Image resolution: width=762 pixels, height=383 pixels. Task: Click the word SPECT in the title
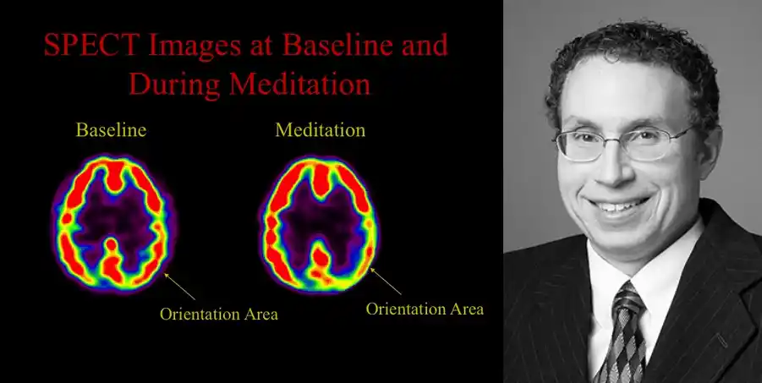click(92, 45)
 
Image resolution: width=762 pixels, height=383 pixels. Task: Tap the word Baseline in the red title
click(338, 45)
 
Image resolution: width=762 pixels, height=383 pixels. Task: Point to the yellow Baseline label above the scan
click(112, 129)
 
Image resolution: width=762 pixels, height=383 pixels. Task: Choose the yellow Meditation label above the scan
click(321, 129)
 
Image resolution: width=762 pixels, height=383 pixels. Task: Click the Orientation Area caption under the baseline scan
click(219, 314)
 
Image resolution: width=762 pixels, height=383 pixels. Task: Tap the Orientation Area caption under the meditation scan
click(425, 309)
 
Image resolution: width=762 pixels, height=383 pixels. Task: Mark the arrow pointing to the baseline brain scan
click(180, 287)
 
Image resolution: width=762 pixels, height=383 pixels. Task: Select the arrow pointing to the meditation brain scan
click(386, 281)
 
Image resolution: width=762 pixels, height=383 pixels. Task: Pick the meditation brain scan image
click(320, 223)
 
